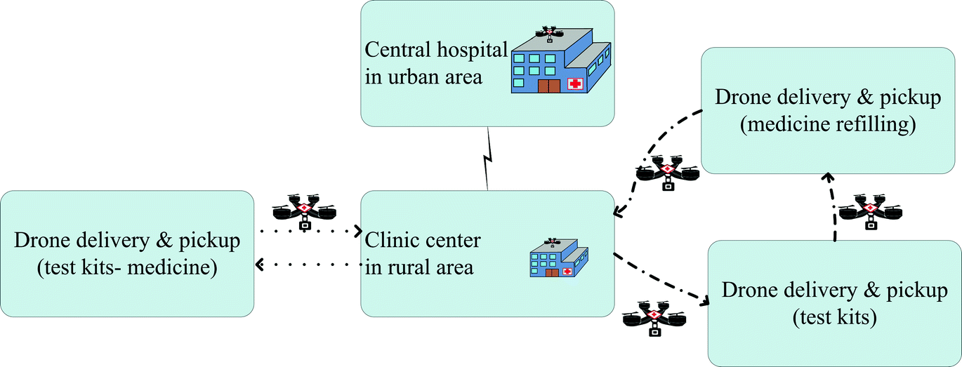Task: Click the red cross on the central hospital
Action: pyautogui.click(x=576, y=84)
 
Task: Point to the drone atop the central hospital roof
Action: pyautogui.click(x=549, y=33)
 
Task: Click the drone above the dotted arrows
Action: pyautogui.click(x=304, y=210)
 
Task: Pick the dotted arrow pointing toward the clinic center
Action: pyautogui.click(x=309, y=230)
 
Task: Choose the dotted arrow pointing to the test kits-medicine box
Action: pyautogui.click(x=309, y=265)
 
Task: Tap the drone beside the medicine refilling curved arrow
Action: pyautogui.click(x=666, y=171)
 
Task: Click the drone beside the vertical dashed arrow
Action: pyautogui.click(x=871, y=211)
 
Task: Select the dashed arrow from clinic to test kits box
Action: pyautogui.click(x=660, y=277)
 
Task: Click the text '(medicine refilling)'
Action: pyautogui.click(x=828, y=126)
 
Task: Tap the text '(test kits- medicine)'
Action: pyautogui.click(x=127, y=267)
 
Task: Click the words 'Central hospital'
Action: pyautogui.click(x=435, y=51)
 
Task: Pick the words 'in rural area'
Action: pyautogui.click(x=419, y=267)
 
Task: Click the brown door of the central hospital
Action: pyautogui.click(x=549, y=86)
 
